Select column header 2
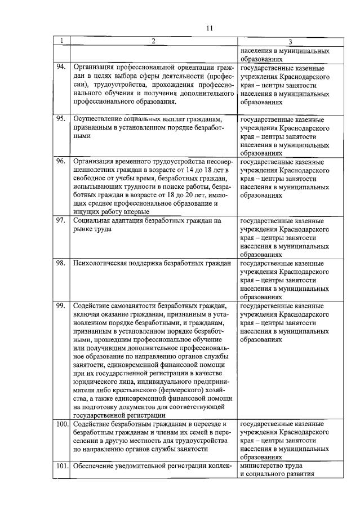153,41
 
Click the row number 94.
61,67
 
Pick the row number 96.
61,161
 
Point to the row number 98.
61,263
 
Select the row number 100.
62,423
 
